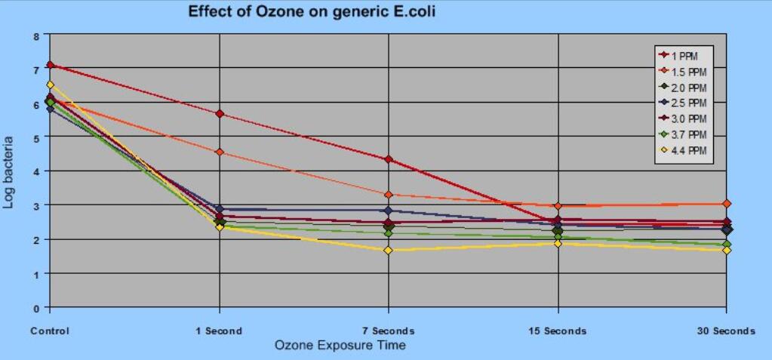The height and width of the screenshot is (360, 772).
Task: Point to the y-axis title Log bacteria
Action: (x=9, y=172)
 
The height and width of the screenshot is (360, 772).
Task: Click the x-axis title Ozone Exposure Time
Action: (x=340, y=346)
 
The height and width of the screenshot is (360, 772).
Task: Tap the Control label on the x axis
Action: (x=50, y=331)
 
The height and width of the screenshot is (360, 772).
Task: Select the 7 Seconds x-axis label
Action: (x=389, y=331)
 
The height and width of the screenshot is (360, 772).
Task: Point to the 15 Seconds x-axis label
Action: (x=558, y=331)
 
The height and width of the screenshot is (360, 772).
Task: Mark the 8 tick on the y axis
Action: (x=36, y=35)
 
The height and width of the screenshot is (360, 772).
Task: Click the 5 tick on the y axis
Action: (x=36, y=137)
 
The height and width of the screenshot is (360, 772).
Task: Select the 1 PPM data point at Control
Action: (x=50, y=65)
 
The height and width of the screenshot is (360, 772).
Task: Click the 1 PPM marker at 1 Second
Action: (x=220, y=114)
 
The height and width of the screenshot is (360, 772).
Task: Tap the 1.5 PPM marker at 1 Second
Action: (x=220, y=152)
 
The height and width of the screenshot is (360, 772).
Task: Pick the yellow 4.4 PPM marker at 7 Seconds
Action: (x=389, y=251)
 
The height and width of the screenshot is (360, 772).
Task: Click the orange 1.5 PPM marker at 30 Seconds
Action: (x=726, y=204)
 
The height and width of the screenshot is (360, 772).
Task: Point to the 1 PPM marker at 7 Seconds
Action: (x=389, y=159)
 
